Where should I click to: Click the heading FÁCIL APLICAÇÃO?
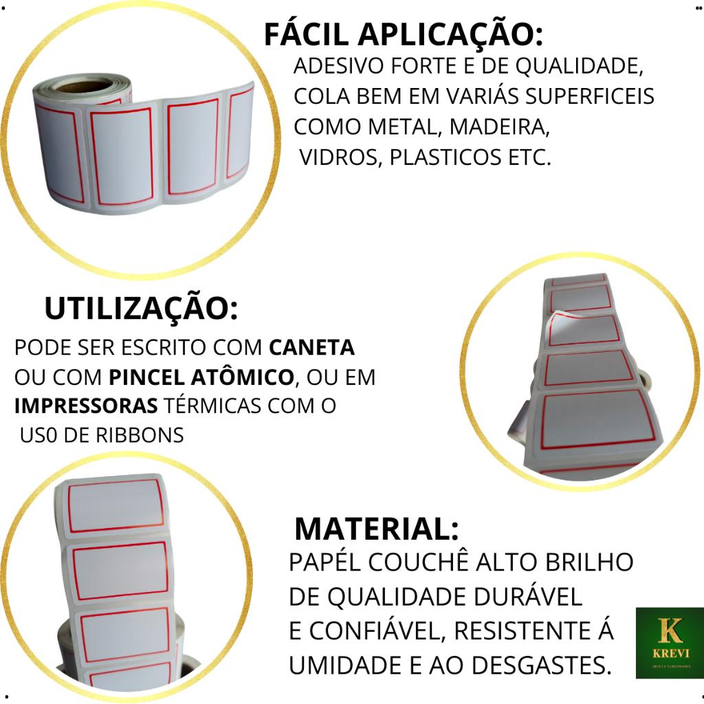click(403, 34)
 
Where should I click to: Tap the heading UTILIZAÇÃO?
click(141, 308)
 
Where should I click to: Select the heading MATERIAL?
click(376, 529)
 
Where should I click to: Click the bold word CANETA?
click(311, 347)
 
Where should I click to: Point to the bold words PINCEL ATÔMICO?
click(201, 377)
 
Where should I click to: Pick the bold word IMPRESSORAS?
click(86, 406)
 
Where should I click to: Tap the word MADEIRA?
click(499, 127)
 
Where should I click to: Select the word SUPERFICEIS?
click(589, 96)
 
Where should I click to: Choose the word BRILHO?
click(589, 562)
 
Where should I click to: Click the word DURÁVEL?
click(528, 596)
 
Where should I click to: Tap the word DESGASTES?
click(542, 665)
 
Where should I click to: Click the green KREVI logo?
click(670, 643)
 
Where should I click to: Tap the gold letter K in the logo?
click(670, 630)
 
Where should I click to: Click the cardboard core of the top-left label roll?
click(85, 85)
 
